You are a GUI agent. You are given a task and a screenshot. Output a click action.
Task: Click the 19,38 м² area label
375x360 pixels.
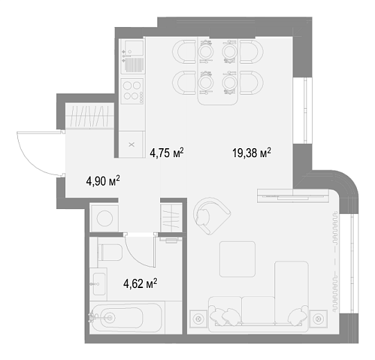click(x=252, y=153)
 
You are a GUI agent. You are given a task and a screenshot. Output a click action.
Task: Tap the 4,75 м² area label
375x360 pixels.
click(x=166, y=153)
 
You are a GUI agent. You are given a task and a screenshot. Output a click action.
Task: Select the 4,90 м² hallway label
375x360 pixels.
click(x=103, y=181)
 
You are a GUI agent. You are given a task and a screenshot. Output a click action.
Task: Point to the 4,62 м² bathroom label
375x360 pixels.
click(x=140, y=284)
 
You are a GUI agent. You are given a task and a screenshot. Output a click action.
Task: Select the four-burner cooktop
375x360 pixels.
click(x=132, y=91)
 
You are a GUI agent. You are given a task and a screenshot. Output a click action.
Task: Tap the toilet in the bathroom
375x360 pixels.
click(x=110, y=252)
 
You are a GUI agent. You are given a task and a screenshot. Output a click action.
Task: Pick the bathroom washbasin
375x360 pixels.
click(x=99, y=284)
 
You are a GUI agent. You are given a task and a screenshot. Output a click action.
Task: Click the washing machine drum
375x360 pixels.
click(x=105, y=218)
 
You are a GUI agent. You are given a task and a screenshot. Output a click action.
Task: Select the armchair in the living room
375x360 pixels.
click(x=211, y=216)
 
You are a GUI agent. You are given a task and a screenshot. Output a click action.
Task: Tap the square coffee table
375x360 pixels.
click(x=238, y=259)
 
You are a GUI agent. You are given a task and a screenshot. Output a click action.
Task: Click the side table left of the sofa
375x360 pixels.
click(x=198, y=318)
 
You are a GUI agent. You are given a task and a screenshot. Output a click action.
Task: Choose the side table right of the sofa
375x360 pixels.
click(x=318, y=318)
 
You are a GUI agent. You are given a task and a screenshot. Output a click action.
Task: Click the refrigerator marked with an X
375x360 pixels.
click(x=132, y=145)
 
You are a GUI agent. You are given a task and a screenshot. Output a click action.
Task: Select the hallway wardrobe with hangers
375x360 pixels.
click(x=89, y=116)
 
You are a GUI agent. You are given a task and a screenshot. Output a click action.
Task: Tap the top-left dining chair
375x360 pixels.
click(x=184, y=52)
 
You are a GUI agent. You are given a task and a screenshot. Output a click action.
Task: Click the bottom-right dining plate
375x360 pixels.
click(x=229, y=82)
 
